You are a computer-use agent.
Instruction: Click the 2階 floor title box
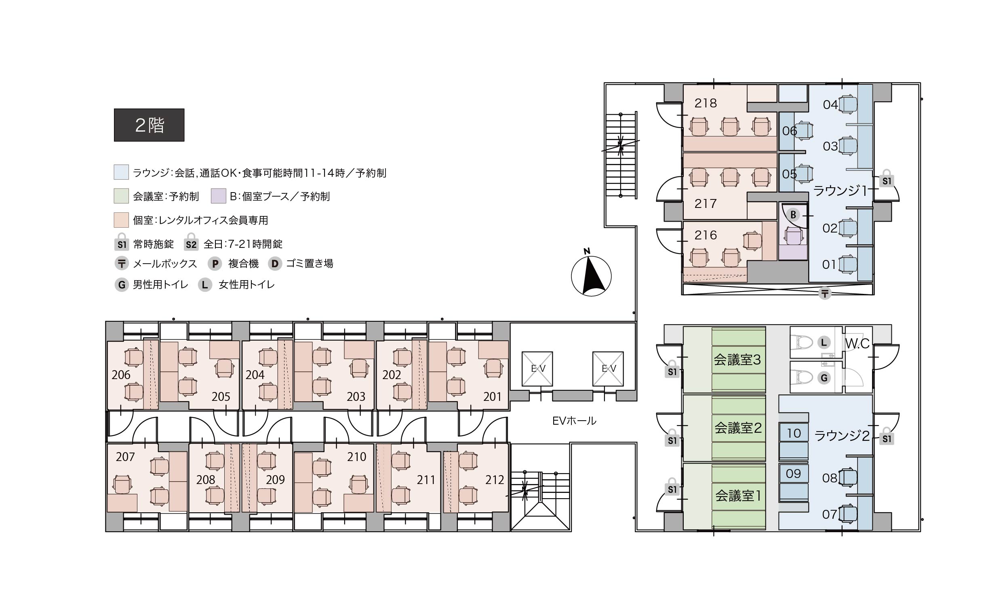[x=149, y=125]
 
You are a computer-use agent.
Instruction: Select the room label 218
[x=706, y=103]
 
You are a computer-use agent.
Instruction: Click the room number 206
[x=121, y=375]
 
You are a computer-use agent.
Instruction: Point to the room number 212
[x=495, y=480]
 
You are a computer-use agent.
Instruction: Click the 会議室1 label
[x=738, y=496]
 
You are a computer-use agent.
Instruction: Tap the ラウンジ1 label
[x=840, y=191]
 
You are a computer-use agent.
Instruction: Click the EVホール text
[x=574, y=421]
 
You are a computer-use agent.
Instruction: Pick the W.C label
[x=857, y=344]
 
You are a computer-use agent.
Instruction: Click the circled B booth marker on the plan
[x=793, y=214]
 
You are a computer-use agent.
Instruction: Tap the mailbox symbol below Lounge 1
[x=825, y=293]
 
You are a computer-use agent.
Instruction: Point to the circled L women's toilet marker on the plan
[x=824, y=343]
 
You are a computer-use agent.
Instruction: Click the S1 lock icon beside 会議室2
[x=672, y=437]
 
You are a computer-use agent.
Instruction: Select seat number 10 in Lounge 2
[x=794, y=433]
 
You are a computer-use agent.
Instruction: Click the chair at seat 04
[x=848, y=105]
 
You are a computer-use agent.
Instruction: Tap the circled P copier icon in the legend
[x=215, y=264]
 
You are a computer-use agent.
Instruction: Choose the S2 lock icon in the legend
[x=191, y=242]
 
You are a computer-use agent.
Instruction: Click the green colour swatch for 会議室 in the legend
[x=121, y=196]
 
